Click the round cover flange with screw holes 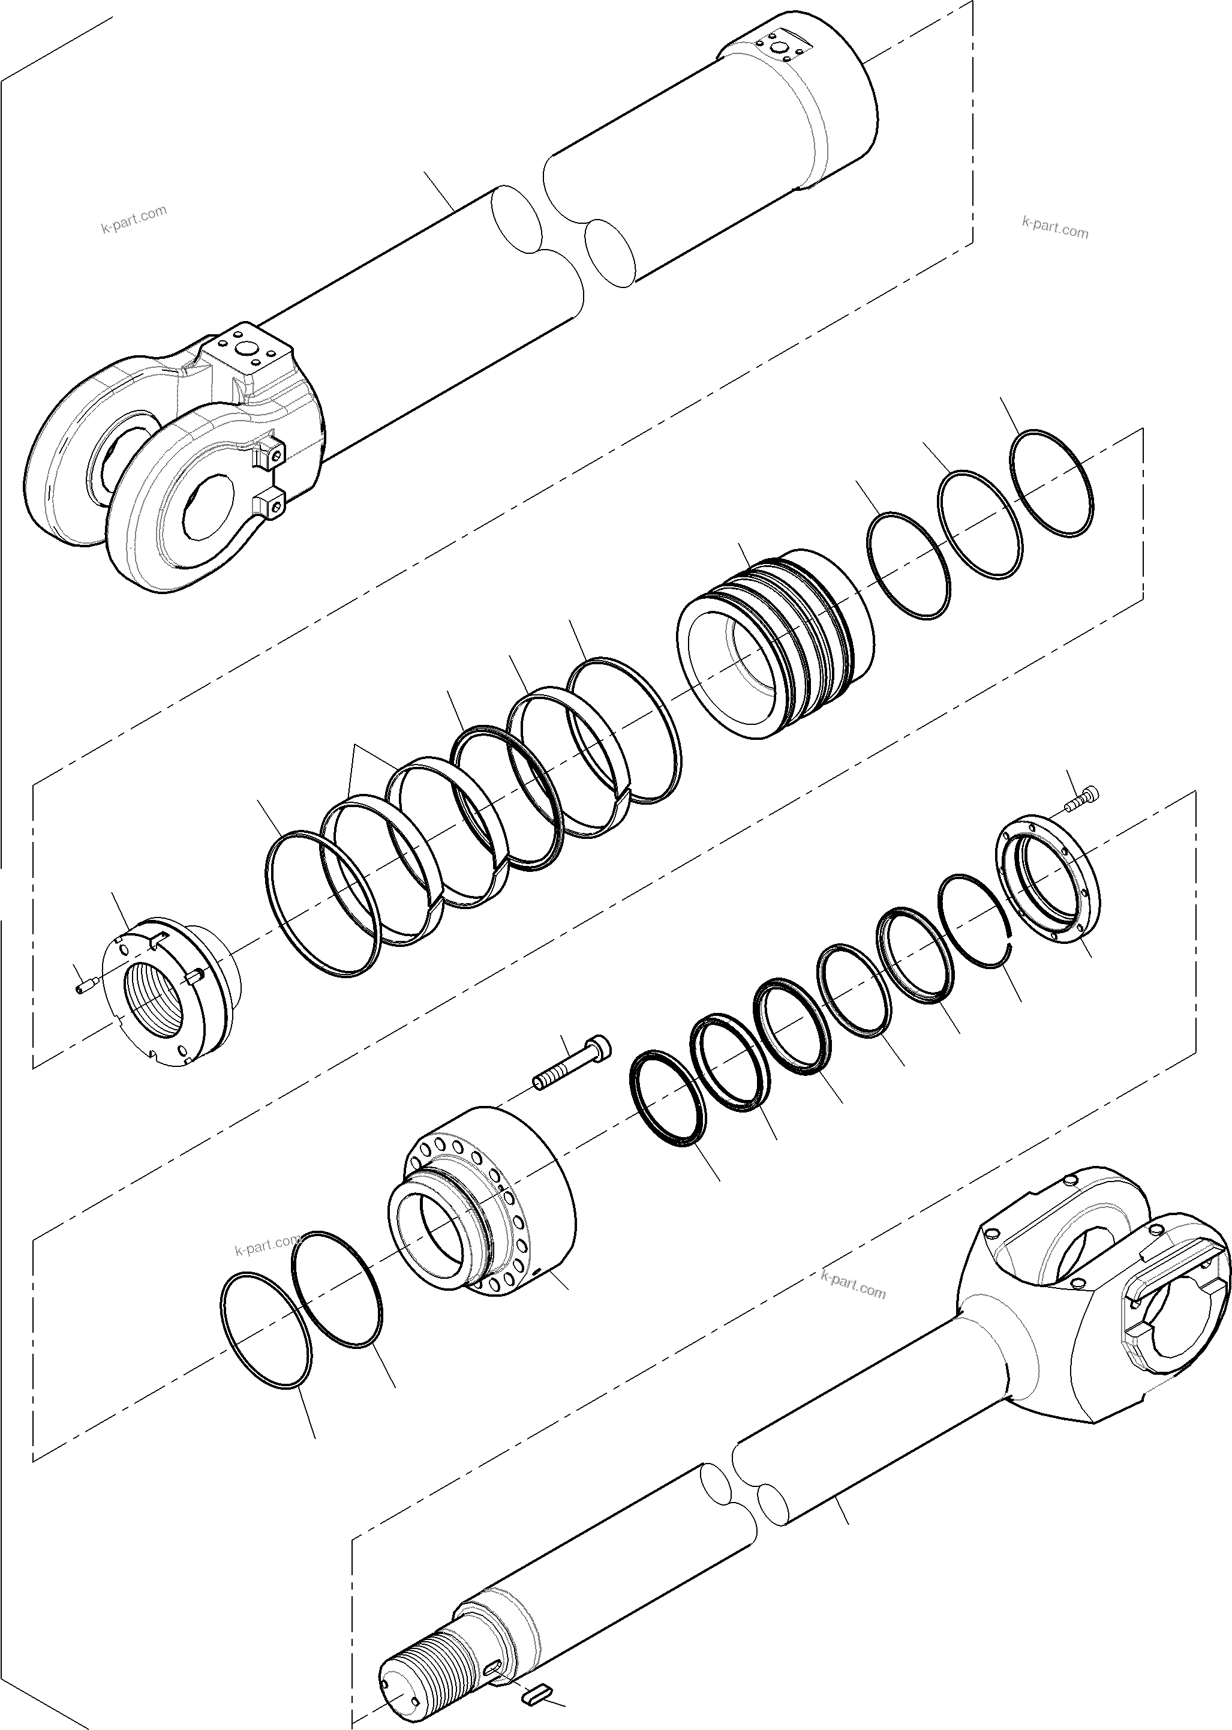click(1047, 880)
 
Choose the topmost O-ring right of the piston click(1053, 483)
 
